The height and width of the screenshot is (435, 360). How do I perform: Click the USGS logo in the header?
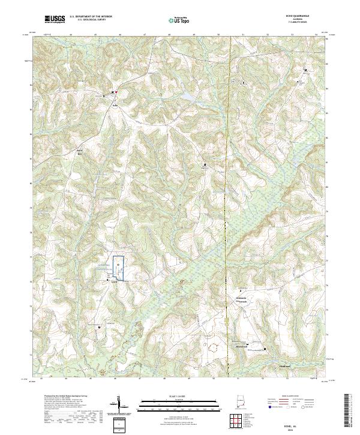pos(55,20)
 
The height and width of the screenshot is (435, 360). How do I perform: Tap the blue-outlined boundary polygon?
pos(119,268)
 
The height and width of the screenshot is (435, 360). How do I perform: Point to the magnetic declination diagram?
pos(121,404)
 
